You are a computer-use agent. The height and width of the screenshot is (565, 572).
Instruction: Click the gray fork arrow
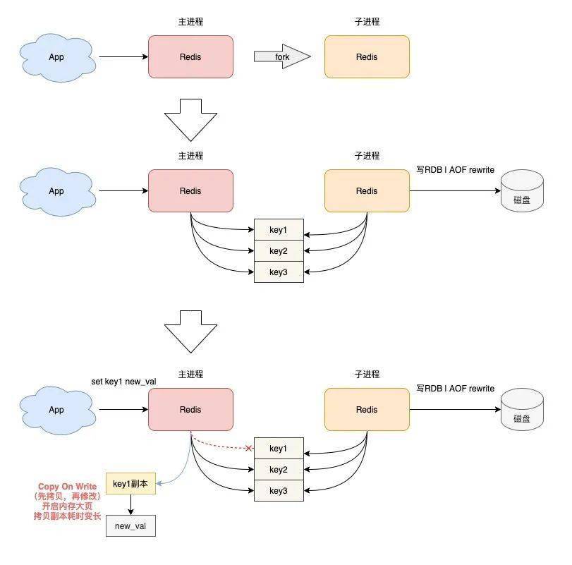(282, 56)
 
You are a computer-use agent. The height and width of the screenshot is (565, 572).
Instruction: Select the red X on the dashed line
(248, 448)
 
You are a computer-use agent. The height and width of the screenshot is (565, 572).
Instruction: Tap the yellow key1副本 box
(130, 484)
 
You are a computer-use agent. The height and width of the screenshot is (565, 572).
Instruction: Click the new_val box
(130, 526)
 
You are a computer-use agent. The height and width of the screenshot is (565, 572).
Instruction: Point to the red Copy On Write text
(68, 486)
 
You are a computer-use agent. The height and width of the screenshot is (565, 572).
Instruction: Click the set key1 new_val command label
(123, 382)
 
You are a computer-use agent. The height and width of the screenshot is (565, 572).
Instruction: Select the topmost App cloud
(57, 57)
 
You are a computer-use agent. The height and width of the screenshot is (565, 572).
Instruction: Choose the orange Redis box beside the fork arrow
(367, 56)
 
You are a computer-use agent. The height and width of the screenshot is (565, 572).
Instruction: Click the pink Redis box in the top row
(191, 56)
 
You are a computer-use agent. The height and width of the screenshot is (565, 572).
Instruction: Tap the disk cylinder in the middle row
(522, 190)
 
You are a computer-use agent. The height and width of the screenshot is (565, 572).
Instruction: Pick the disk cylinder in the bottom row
(522, 409)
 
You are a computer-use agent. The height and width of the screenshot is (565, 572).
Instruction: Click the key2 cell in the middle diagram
(279, 251)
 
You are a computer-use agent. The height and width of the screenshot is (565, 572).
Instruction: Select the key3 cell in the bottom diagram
(279, 491)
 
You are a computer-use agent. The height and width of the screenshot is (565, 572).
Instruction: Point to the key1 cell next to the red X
(279, 449)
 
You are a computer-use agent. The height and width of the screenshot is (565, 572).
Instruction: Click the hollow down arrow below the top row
(191, 120)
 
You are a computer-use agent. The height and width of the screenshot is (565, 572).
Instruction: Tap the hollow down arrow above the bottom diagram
(191, 332)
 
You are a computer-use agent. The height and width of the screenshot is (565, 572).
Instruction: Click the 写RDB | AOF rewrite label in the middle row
(455, 170)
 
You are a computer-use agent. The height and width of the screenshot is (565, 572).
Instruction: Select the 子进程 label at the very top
(367, 22)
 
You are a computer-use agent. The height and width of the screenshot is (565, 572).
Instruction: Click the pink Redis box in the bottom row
(191, 409)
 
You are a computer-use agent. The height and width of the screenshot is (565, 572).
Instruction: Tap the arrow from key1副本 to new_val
(130, 505)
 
